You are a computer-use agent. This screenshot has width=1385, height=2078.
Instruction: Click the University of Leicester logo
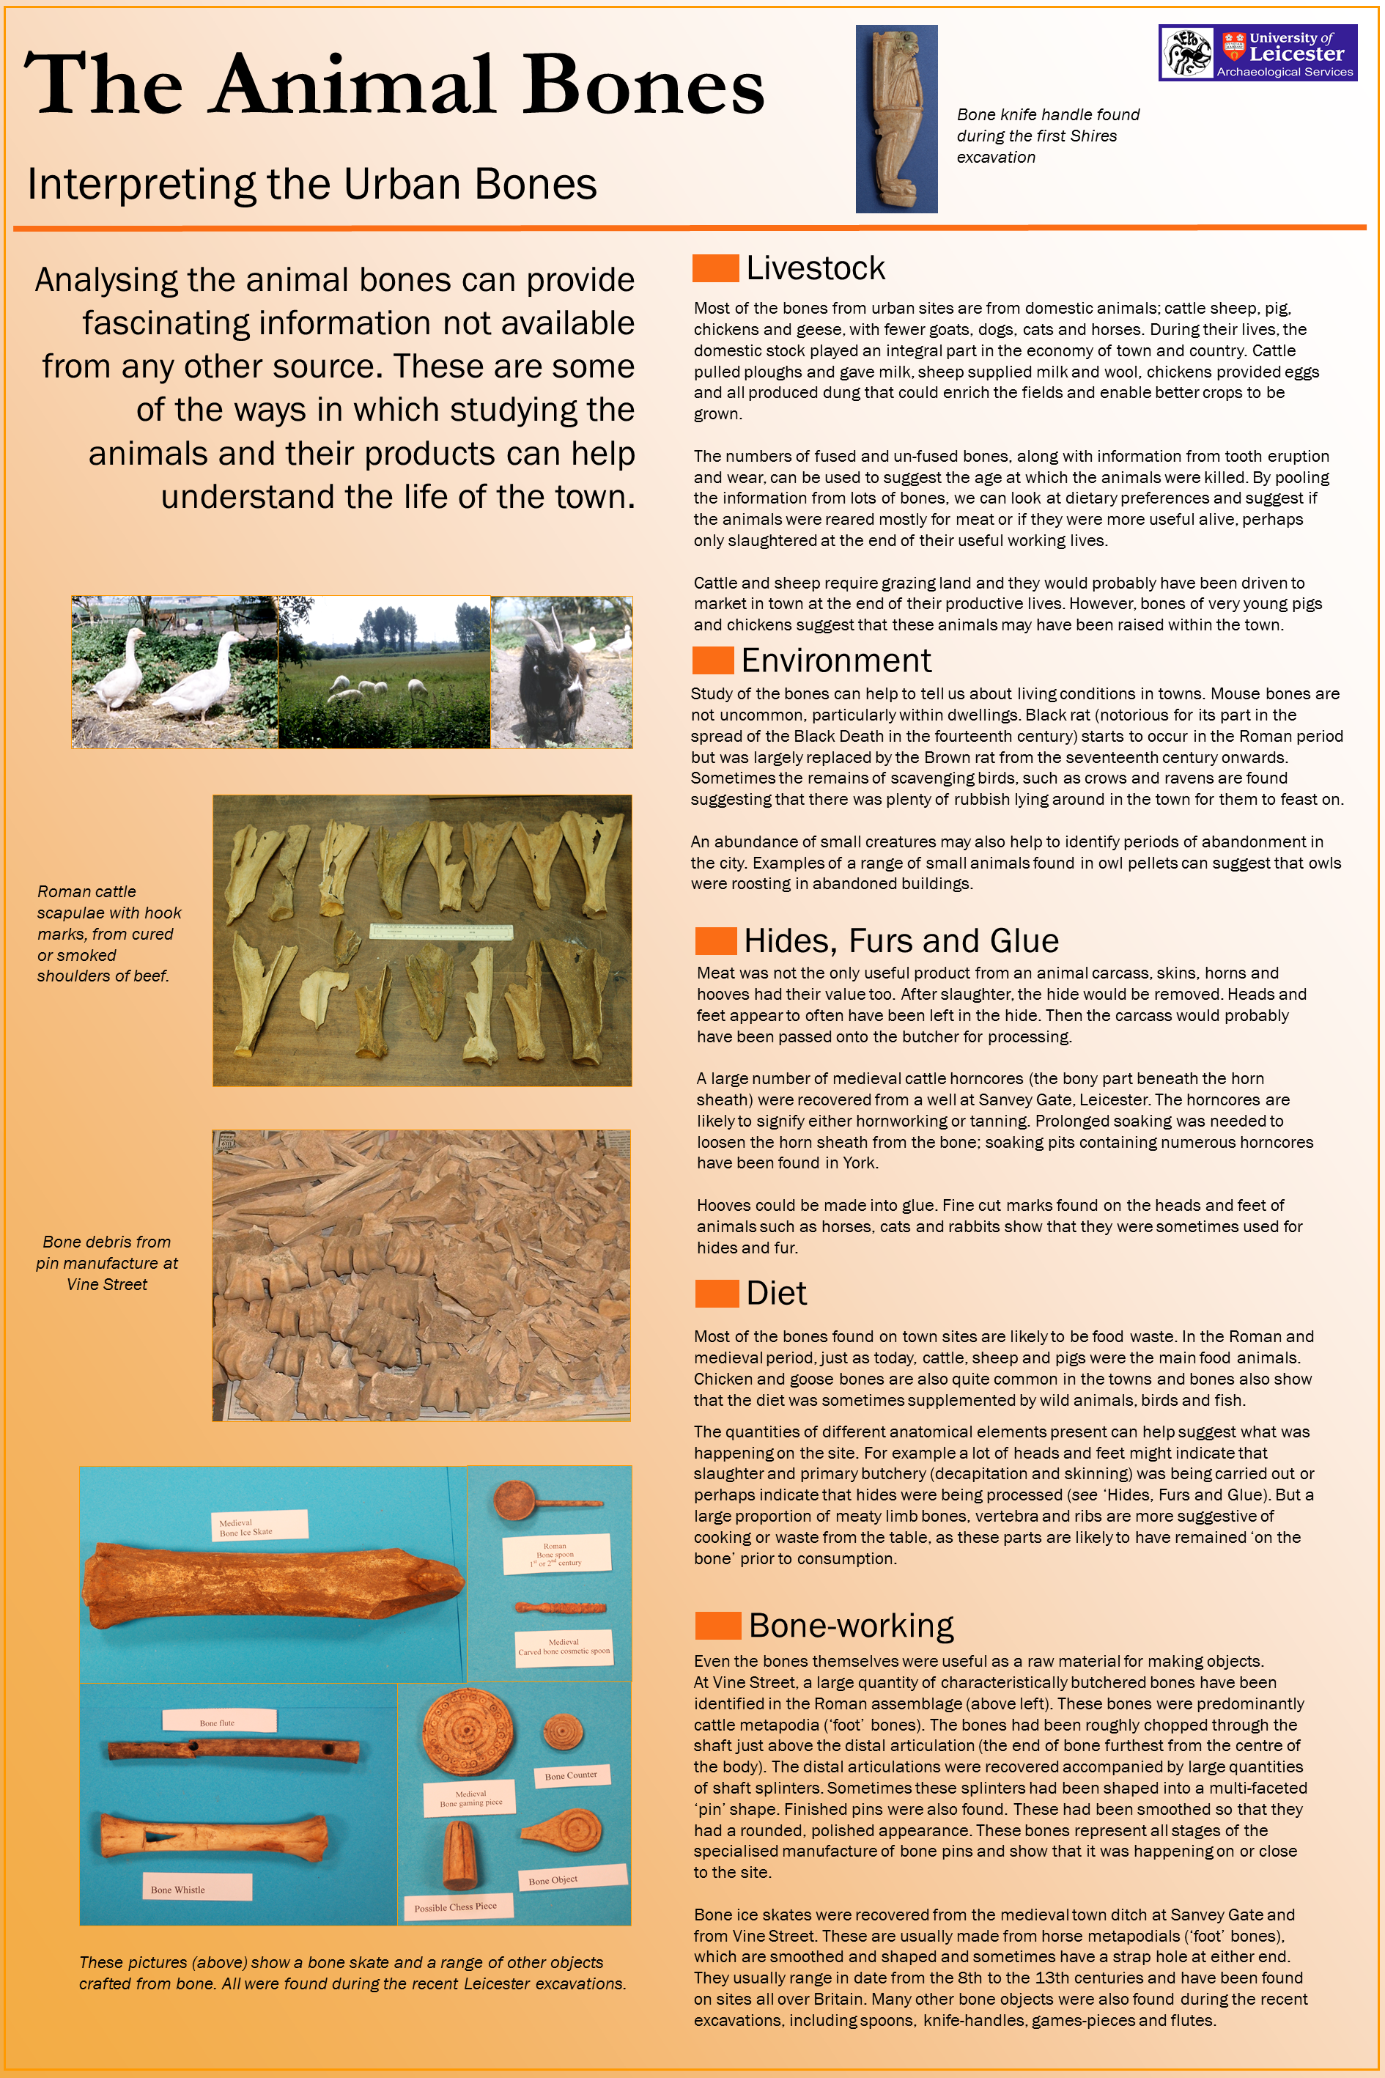[x=1257, y=53]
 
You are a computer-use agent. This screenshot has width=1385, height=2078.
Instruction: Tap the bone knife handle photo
[x=895, y=119]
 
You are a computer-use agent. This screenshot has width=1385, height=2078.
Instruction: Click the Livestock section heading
[x=814, y=268]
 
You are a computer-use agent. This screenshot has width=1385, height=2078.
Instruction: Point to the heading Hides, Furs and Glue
[x=900, y=941]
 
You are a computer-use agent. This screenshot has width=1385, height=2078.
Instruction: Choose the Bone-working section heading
[x=851, y=1626]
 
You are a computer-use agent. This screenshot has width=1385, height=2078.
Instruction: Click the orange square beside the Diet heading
[x=717, y=1294]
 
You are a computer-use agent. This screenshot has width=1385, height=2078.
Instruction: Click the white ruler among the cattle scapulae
[x=440, y=932]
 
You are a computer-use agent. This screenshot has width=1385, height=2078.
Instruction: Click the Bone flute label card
[x=218, y=1720]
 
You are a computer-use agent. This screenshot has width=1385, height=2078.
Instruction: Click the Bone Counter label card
[x=571, y=1776]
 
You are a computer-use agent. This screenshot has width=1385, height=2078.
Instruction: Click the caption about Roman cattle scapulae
[x=108, y=934]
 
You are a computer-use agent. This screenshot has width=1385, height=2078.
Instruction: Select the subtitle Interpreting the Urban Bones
[x=311, y=185]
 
